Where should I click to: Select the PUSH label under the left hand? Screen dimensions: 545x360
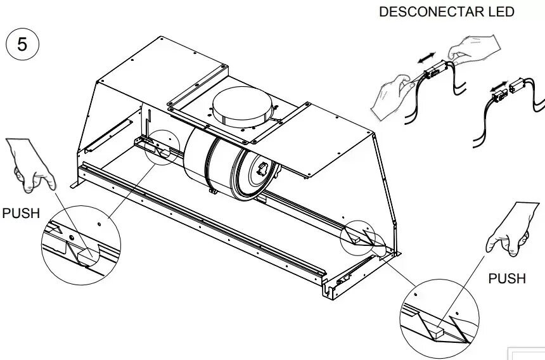click(x=21, y=213)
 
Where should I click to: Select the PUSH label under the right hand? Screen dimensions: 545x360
click(x=507, y=278)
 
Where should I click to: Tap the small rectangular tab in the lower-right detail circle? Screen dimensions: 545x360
click(x=437, y=331)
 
